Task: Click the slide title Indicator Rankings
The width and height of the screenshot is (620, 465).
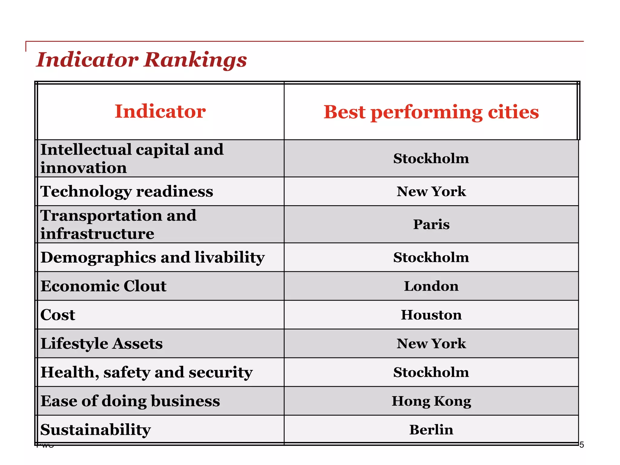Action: (141, 60)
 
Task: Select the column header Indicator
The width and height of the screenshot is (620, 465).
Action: (160, 111)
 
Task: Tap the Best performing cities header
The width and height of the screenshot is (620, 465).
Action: (431, 112)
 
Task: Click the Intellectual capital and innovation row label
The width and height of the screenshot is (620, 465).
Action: (132, 158)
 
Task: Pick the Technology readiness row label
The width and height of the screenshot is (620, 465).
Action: (127, 191)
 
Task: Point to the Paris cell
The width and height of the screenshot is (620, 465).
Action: (431, 224)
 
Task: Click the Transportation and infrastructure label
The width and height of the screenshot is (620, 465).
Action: (118, 224)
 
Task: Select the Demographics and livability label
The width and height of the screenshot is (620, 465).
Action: (153, 257)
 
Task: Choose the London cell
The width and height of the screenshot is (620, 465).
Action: (431, 286)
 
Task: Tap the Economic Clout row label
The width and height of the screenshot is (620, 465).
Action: (104, 286)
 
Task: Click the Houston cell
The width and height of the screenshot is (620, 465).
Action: (431, 315)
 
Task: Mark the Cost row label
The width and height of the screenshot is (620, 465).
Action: (58, 315)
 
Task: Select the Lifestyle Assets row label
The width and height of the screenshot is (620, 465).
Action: (102, 344)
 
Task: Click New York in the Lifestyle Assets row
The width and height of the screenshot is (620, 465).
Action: (431, 344)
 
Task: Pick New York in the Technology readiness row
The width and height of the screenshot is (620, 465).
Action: (431, 191)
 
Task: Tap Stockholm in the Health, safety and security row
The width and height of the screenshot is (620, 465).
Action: (431, 372)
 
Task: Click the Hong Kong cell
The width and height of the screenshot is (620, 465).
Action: (431, 401)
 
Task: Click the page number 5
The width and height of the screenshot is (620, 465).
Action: (582, 445)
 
